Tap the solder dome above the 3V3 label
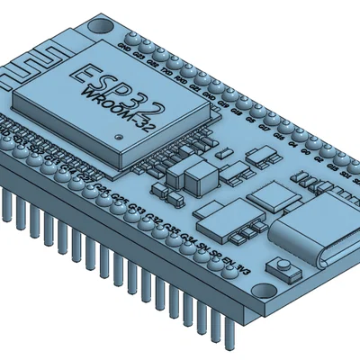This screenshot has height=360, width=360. pos(253,256)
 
